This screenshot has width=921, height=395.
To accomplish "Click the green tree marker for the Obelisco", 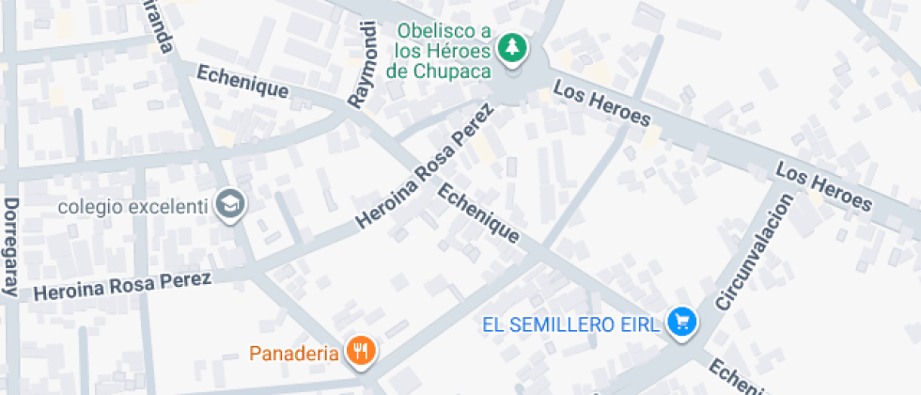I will pyautogui.click(x=512, y=47).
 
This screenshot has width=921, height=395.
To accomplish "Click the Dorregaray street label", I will pyautogui.click(x=11, y=247).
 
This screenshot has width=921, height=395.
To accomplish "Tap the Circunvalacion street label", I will pyautogui.click(x=754, y=252).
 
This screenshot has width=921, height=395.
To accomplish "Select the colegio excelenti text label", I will pyautogui.click(x=132, y=206).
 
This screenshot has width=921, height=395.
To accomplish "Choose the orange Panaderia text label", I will pyautogui.click(x=293, y=354).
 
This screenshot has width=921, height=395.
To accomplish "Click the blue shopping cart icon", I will pyautogui.click(x=681, y=323).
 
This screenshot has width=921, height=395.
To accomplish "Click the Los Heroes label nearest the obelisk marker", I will pyautogui.click(x=601, y=103).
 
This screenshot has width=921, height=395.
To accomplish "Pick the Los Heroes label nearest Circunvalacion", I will pyautogui.click(x=824, y=186).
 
